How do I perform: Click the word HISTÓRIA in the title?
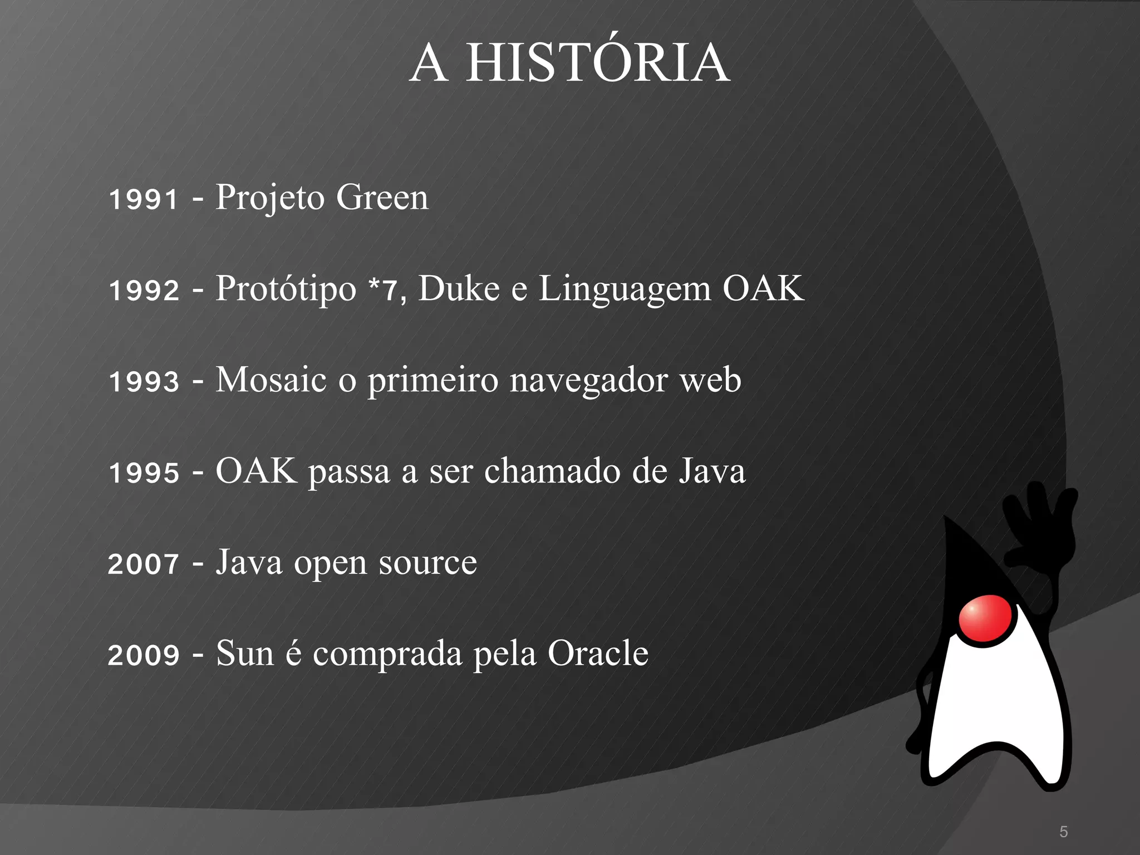click(597, 63)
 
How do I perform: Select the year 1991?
click(144, 199)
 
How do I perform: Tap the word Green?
click(382, 197)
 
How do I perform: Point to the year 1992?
click(144, 291)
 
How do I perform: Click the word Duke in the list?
click(459, 288)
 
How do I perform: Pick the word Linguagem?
click(625, 289)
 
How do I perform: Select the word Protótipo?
click(286, 289)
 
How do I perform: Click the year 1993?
click(144, 382)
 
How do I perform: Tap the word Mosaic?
click(271, 380)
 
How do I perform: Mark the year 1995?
click(144, 473)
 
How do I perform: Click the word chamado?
click(552, 471)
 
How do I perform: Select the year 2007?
click(144, 564)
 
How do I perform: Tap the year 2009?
click(144, 655)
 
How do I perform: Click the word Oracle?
click(598, 653)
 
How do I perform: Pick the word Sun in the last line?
click(245, 653)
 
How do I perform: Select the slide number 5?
click(1064, 832)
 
